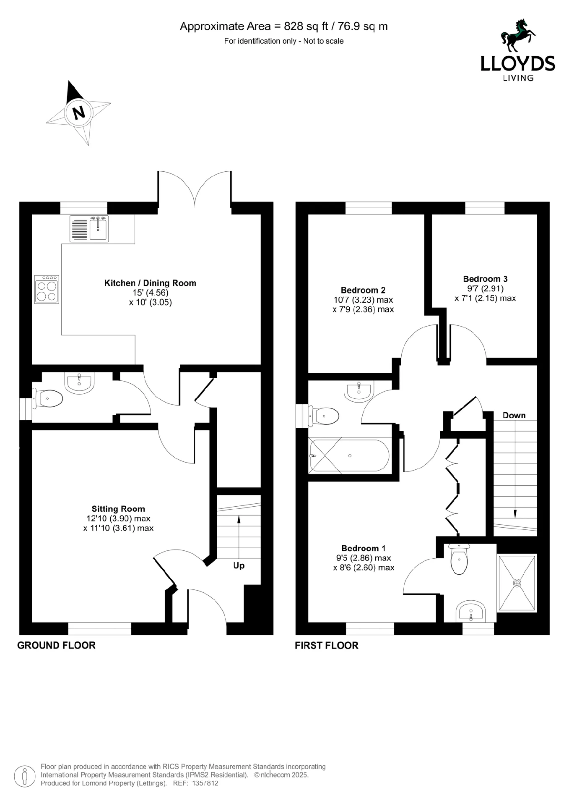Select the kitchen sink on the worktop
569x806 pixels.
pos(98,228)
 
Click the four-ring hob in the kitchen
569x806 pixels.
pos(47,290)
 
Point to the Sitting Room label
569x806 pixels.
pos(118,509)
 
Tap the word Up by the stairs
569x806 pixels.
pos(239,565)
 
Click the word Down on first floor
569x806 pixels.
pos(514,415)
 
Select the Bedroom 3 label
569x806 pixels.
pos(485,279)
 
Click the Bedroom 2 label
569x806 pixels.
pos(363,290)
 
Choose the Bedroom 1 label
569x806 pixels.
pos(363,548)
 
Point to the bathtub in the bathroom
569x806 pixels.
pos(349,455)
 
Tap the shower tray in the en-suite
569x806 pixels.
pos(517,583)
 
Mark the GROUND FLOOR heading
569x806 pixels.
pos(56,645)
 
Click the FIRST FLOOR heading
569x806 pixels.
pos(326,646)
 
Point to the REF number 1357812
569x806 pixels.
pos(205,783)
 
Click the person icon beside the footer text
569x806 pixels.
pos(24,776)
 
